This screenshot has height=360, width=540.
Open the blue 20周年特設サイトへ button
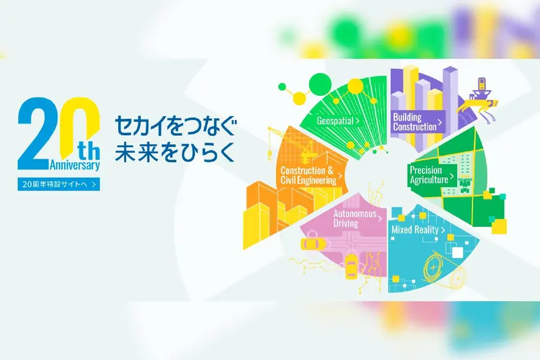(x=59, y=184)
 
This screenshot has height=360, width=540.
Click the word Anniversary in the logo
(x=75, y=165)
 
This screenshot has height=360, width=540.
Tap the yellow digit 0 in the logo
(x=80, y=124)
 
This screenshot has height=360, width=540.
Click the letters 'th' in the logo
(x=89, y=151)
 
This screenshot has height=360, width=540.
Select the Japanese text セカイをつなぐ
(x=175, y=126)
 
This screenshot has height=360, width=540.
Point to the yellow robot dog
(x=479, y=106)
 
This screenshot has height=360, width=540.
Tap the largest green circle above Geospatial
(x=320, y=84)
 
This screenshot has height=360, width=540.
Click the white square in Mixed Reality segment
(x=458, y=253)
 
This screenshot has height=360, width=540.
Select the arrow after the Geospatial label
(x=358, y=121)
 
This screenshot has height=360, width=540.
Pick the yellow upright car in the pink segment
(x=351, y=265)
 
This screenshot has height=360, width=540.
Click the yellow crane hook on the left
(x=270, y=153)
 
